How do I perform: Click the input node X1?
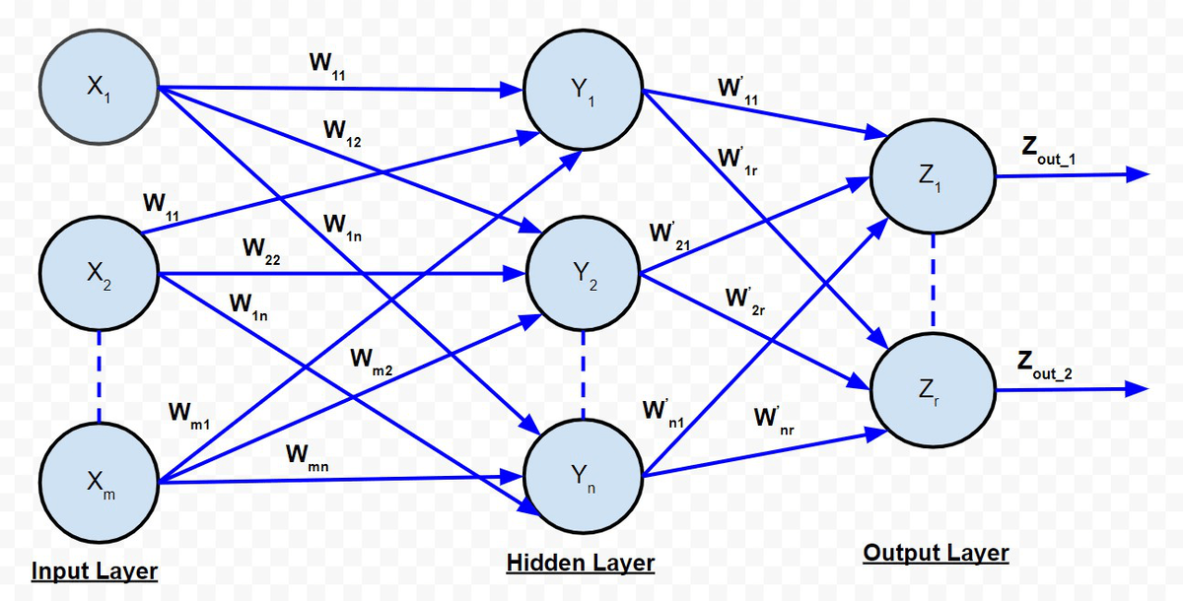pos(98,86)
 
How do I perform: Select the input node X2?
pos(98,274)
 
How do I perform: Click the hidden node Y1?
pos(583,91)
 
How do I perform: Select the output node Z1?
pos(934,176)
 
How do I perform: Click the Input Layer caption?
pos(95,571)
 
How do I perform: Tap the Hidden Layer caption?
pos(581,563)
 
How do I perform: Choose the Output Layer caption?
pos(936,553)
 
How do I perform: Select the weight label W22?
pos(259,250)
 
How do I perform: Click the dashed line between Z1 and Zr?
pos(934,282)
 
